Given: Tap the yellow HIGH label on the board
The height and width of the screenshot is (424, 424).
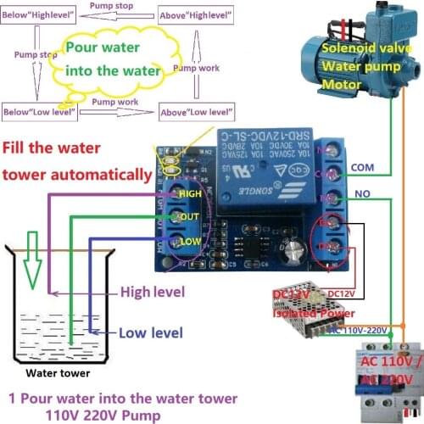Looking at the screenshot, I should [191, 194].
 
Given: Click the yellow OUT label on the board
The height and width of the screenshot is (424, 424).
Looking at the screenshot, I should [189, 217].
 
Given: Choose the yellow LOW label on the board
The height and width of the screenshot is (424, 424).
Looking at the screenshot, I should [189, 243].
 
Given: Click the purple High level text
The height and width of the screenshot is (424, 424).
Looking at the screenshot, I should [153, 293].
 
